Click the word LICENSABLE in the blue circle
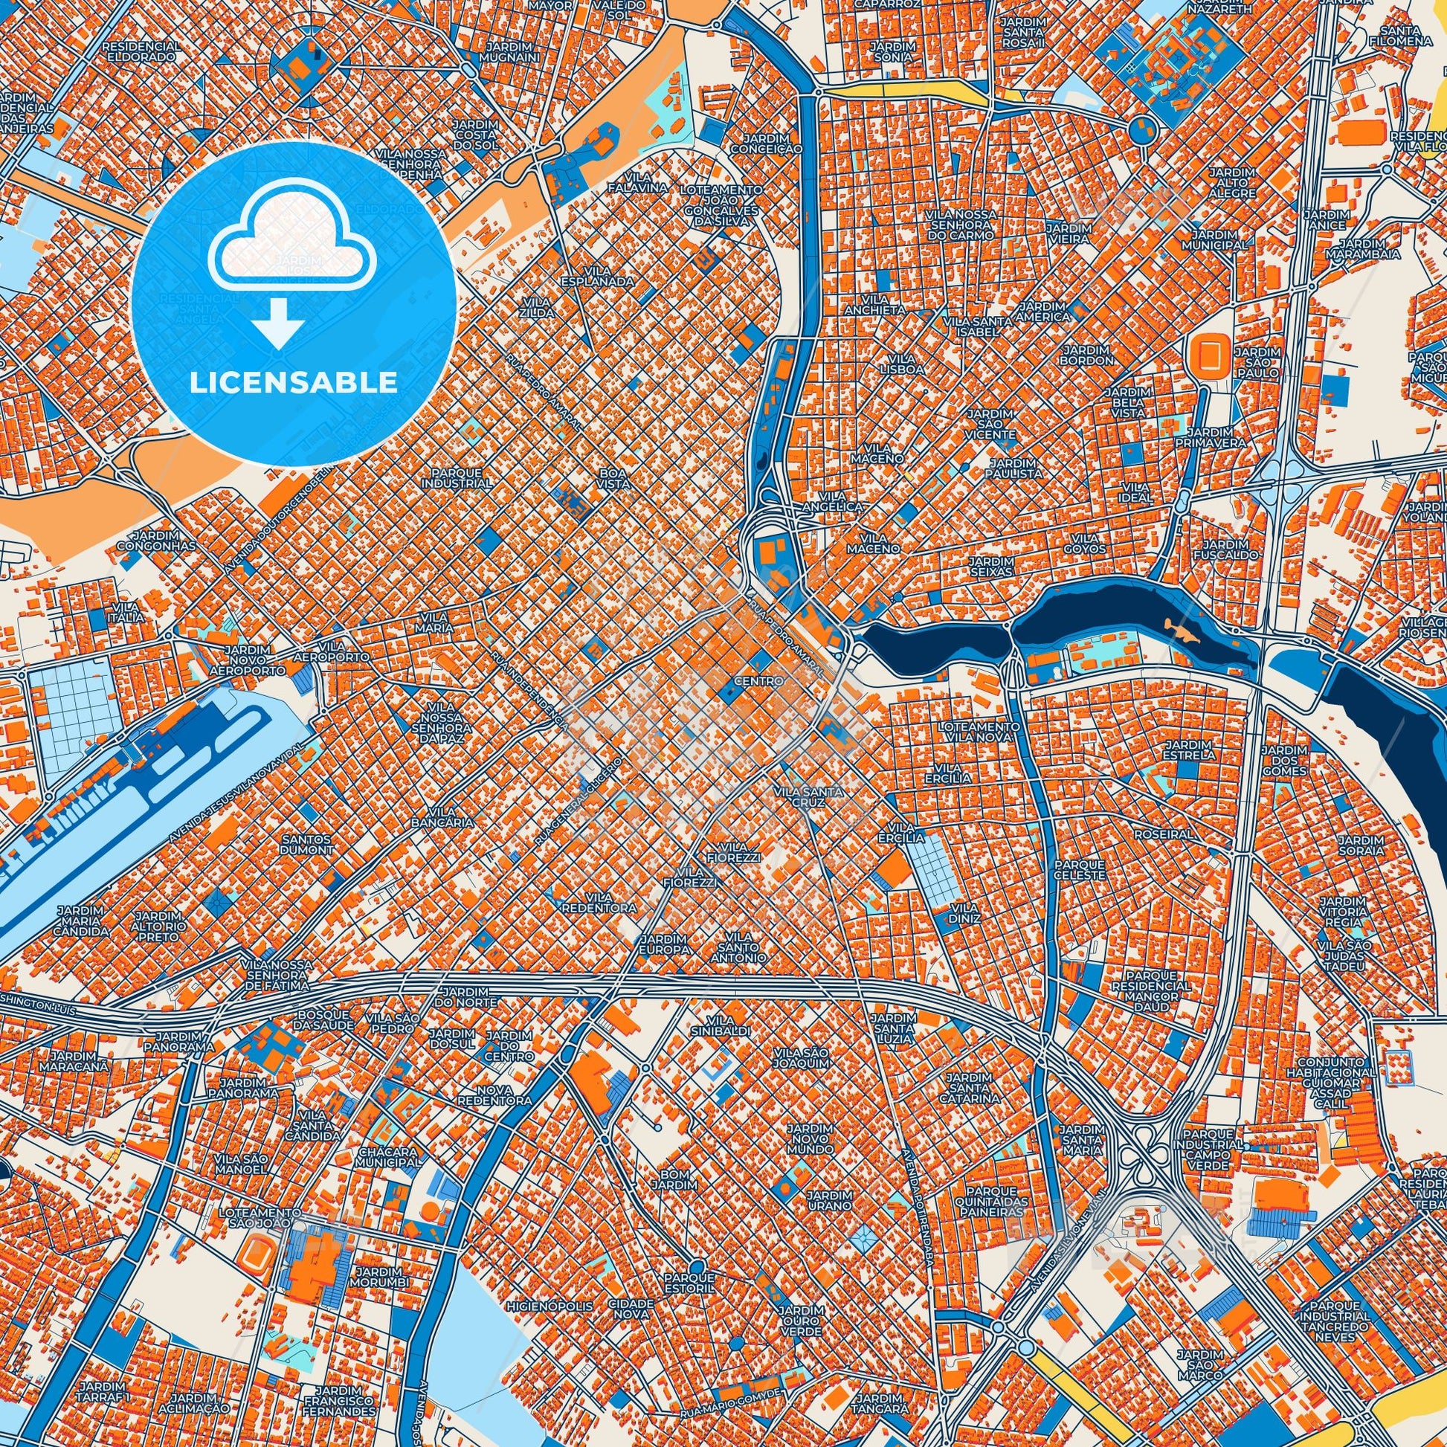tap(294, 383)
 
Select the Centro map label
tap(758, 682)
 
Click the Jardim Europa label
tap(664, 944)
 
